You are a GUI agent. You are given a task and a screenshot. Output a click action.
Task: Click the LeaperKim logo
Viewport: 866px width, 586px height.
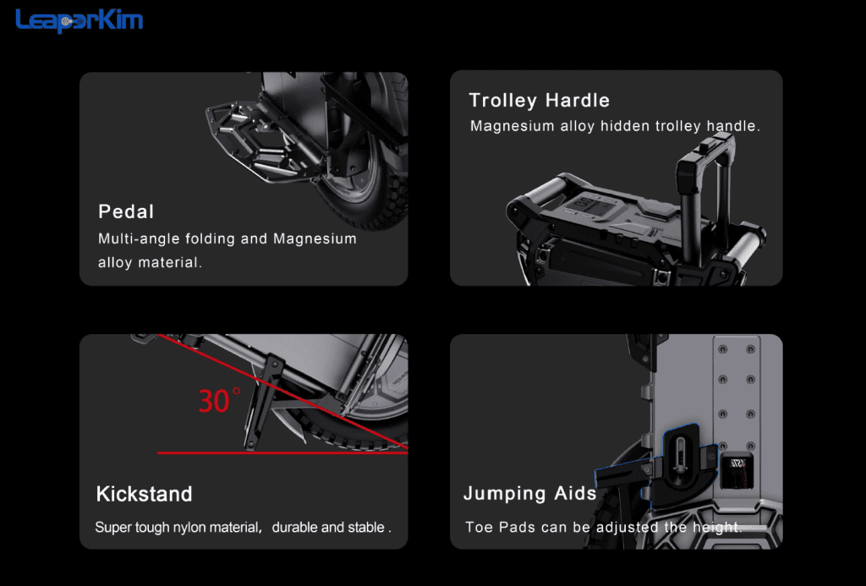pyautogui.click(x=79, y=21)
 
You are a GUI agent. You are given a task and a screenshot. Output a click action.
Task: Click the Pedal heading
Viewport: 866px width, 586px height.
pyautogui.click(x=126, y=211)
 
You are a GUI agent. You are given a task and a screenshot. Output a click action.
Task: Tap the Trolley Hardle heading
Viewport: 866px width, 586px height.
pyautogui.click(x=539, y=100)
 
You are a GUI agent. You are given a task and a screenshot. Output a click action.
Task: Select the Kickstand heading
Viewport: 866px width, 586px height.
pyautogui.click(x=144, y=494)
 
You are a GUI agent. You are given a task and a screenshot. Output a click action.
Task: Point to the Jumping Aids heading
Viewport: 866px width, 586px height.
pyautogui.click(x=530, y=493)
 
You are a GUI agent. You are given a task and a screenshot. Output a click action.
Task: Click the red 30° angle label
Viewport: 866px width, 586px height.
pyautogui.click(x=219, y=400)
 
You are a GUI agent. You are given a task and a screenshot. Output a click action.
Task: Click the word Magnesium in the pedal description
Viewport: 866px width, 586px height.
pyautogui.click(x=315, y=238)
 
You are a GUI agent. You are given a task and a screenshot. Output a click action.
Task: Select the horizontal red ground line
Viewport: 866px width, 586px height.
pyautogui.click(x=282, y=453)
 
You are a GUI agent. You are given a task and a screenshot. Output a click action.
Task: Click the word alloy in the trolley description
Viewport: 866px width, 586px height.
pyautogui.click(x=578, y=126)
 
